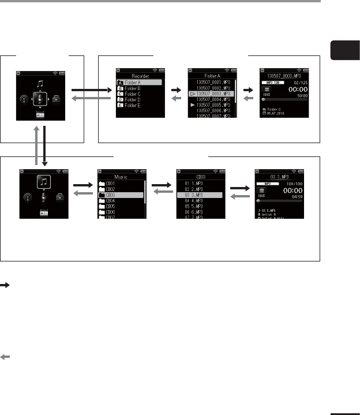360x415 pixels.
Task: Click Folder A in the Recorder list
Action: tap(138, 83)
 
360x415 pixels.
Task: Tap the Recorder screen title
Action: tap(140, 75)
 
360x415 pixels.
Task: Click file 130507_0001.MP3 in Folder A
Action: tap(211, 83)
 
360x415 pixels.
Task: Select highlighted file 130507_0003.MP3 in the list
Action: tap(211, 94)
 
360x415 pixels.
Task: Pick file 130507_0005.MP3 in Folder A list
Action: tap(211, 104)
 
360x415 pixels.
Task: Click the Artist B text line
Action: tap(273, 213)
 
